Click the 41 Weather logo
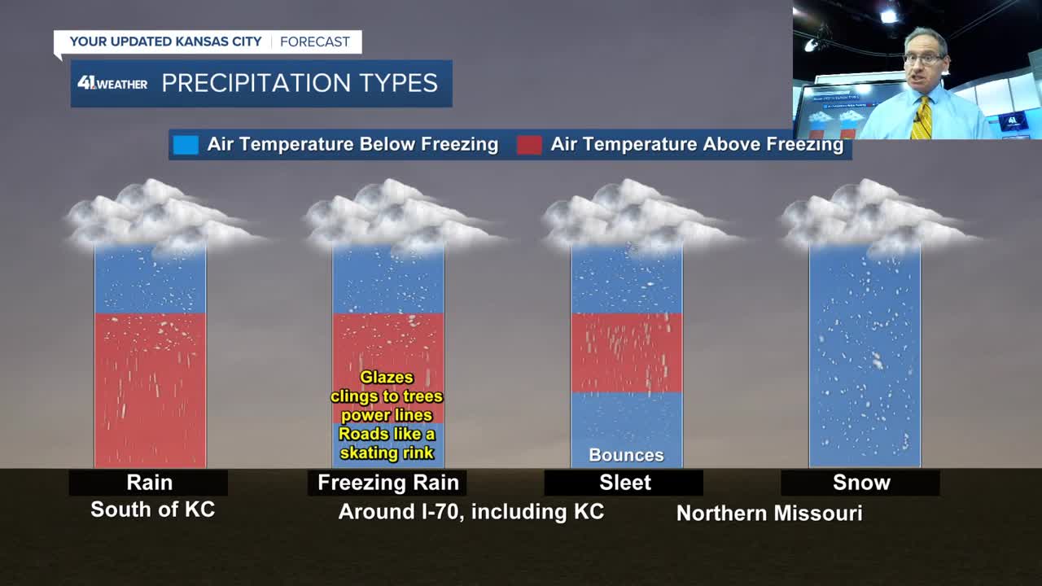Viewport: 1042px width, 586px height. click(x=112, y=83)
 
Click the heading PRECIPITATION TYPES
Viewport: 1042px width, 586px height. click(x=300, y=83)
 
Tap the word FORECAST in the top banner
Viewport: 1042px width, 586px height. click(x=315, y=42)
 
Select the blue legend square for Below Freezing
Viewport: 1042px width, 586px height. click(x=186, y=145)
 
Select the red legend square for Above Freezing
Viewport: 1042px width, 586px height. click(x=529, y=145)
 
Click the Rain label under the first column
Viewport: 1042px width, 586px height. click(x=149, y=483)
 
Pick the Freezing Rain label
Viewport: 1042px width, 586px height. click(x=388, y=483)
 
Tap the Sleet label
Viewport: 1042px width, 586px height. click(x=624, y=483)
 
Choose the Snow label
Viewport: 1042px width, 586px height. click(x=861, y=483)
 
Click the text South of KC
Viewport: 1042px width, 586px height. click(x=152, y=509)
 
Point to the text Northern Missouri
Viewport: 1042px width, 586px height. click(x=769, y=514)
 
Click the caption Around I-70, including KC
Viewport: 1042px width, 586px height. click(x=471, y=512)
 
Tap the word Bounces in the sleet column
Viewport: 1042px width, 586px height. click(x=626, y=455)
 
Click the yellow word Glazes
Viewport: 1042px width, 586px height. click(x=387, y=377)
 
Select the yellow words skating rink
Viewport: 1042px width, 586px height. click(x=387, y=453)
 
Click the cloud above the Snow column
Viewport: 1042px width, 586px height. click(x=874, y=217)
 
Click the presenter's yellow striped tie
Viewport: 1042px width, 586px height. click(x=921, y=118)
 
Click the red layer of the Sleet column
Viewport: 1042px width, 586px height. click(x=627, y=353)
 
